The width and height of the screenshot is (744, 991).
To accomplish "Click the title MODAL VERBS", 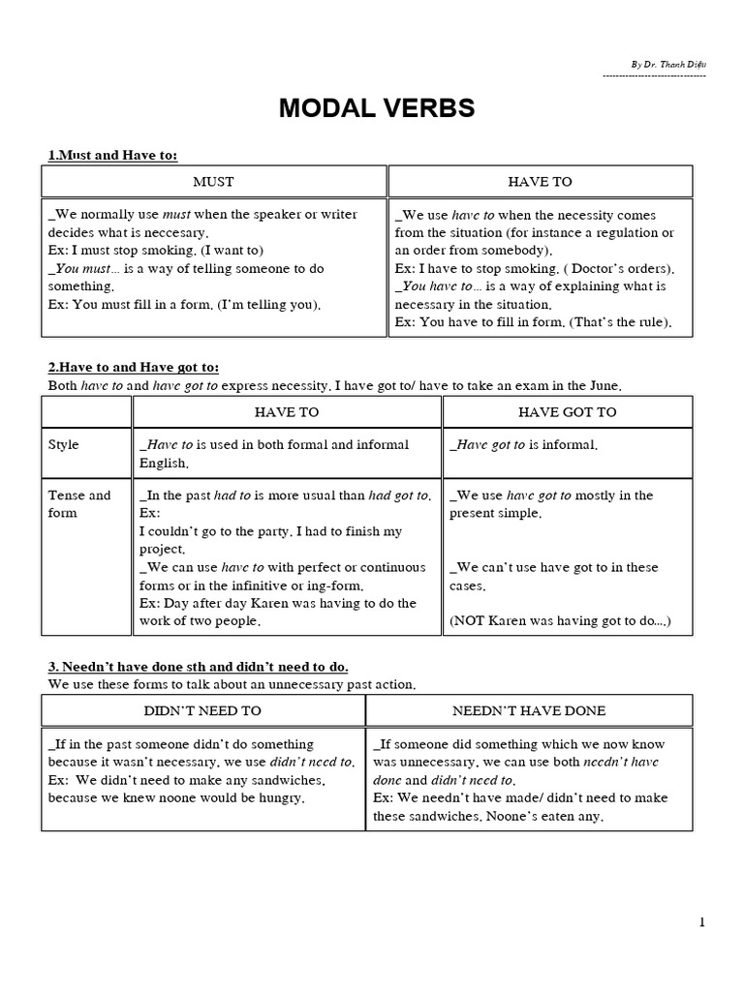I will point(377,108).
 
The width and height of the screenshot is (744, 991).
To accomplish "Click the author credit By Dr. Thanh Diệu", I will point(667,65).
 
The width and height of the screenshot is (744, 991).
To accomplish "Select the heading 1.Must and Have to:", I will point(112,155).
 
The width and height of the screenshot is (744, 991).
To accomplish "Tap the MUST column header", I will point(213,181).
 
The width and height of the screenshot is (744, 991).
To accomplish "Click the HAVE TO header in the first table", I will point(540,181).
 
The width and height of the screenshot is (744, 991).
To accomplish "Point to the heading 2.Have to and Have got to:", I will point(134,368).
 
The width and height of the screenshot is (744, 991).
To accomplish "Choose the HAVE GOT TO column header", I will point(567,412).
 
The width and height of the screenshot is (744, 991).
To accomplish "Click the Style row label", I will point(64,445).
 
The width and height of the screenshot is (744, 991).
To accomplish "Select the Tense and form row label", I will point(79,503).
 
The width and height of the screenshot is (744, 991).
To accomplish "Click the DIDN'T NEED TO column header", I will point(202,710).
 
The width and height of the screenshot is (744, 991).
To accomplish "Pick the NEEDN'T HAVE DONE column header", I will point(529,710).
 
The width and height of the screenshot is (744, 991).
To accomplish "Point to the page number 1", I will point(701,922).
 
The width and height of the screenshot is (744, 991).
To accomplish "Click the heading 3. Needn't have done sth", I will point(199,667).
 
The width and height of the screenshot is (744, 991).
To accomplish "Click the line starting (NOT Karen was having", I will point(560,621).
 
